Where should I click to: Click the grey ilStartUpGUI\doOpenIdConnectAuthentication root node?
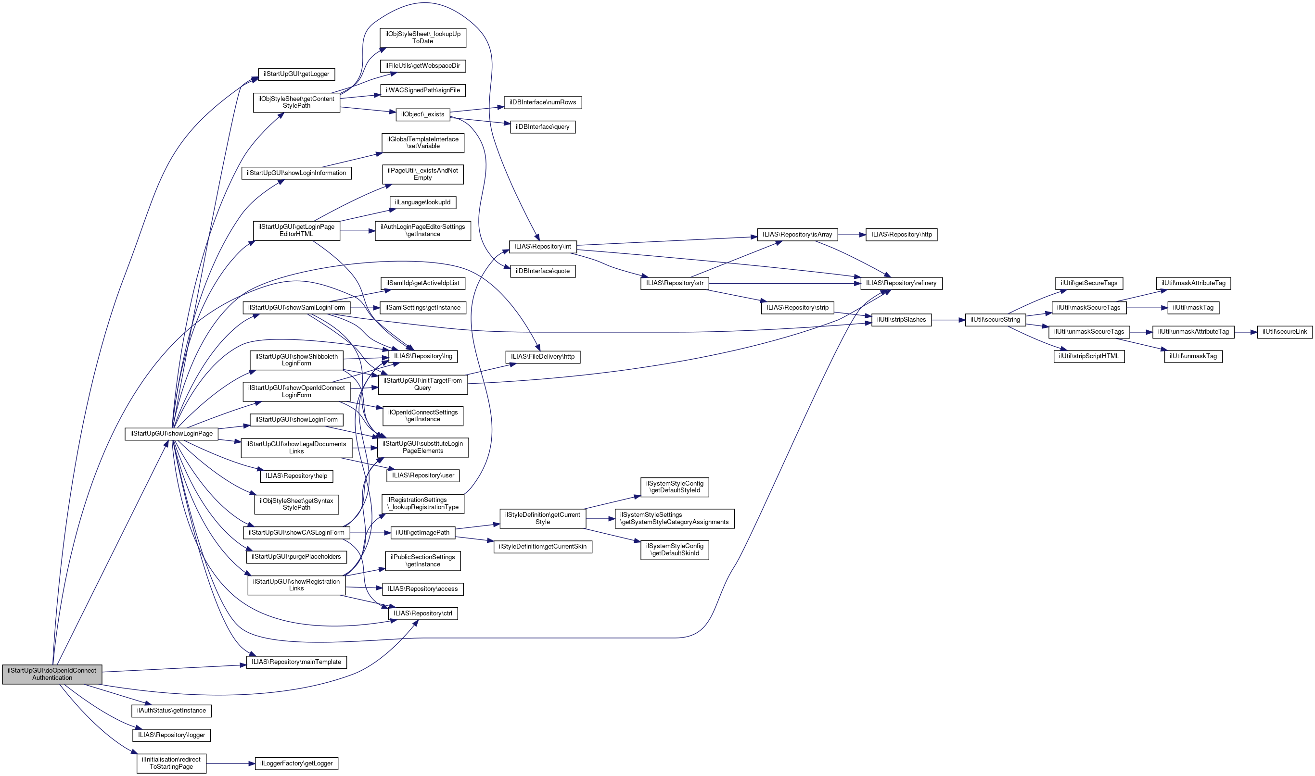click(x=52, y=674)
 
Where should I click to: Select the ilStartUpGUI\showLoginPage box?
click(x=172, y=434)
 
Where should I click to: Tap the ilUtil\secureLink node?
click(x=1285, y=332)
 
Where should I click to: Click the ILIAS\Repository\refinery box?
click(x=901, y=283)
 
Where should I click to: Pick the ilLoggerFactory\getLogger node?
click(x=297, y=763)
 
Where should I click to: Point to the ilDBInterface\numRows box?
click(x=543, y=102)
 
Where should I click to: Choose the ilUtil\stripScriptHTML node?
click(x=1089, y=356)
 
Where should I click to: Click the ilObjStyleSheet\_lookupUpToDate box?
click(x=423, y=38)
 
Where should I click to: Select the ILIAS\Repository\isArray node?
click(x=797, y=235)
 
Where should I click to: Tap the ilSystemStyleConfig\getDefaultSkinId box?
click(x=675, y=550)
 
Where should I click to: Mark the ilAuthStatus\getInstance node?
click(x=172, y=711)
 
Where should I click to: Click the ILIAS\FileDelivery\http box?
click(x=543, y=357)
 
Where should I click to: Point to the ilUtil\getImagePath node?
click(x=423, y=533)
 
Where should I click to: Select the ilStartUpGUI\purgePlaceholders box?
click(x=296, y=557)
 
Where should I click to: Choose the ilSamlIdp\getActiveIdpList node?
click(x=423, y=283)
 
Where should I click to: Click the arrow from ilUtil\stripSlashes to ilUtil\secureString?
click(x=948, y=320)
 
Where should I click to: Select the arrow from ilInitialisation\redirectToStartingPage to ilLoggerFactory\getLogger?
click(x=231, y=763)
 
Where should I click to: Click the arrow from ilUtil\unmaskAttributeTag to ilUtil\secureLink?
click(x=1246, y=332)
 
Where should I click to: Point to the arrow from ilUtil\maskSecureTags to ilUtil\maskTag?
click(x=1147, y=308)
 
